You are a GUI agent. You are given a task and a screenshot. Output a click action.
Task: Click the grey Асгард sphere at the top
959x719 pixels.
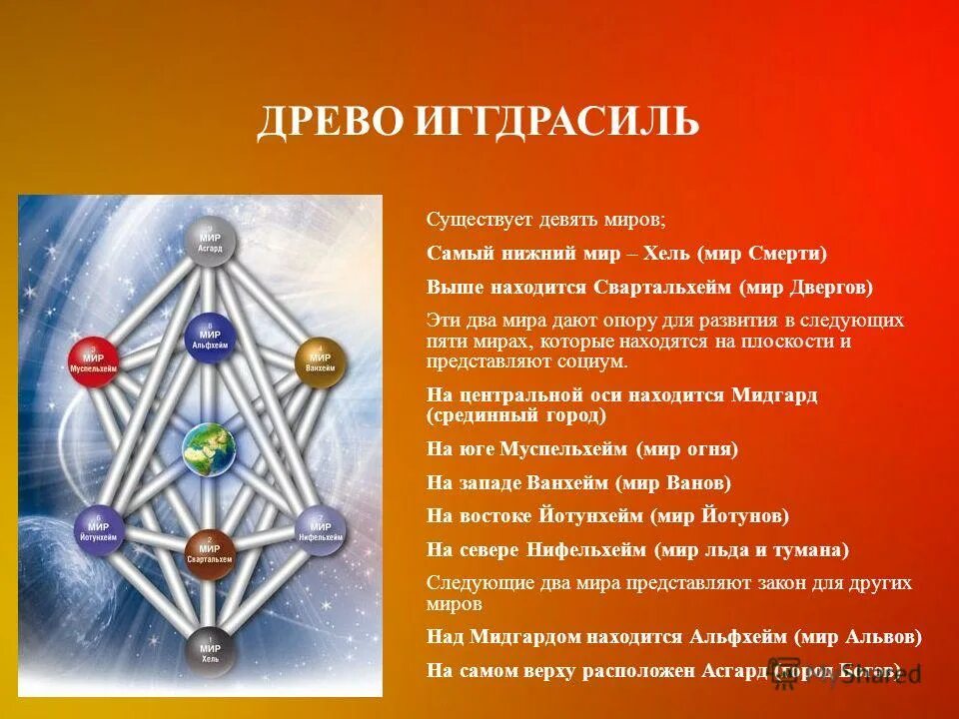pos(210,242)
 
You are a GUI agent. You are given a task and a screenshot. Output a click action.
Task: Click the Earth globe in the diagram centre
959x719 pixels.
pos(209,448)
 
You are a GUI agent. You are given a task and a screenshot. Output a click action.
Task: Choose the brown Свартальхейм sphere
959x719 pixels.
pos(210,553)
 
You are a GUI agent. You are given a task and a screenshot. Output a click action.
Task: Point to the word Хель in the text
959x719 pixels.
pos(661,254)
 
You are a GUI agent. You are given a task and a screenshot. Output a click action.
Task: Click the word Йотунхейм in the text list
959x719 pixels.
pos(583,516)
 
